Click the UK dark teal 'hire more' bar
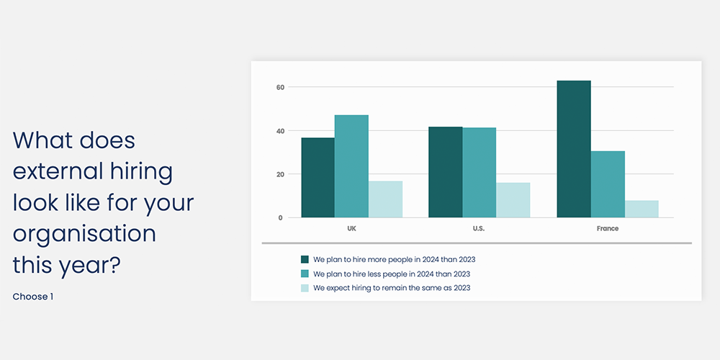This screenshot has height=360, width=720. click(318, 177)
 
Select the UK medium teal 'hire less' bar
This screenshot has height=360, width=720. click(351, 166)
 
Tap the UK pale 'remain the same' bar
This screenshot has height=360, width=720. click(385, 199)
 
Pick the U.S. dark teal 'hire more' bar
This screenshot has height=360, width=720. click(446, 172)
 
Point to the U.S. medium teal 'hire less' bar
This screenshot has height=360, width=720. click(479, 173)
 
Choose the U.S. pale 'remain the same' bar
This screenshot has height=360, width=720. click(513, 200)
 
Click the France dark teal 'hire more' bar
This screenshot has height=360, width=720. click(574, 149)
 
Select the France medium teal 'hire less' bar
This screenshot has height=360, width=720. click(608, 184)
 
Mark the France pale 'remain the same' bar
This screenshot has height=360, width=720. click(642, 209)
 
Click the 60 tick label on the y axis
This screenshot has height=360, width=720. click(279, 87)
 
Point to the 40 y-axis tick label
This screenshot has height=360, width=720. click(279, 131)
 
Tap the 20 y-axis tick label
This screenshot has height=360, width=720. click(279, 174)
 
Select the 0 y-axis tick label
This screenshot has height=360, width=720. click(281, 217)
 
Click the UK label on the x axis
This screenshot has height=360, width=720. click(352, 229)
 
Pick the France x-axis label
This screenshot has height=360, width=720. click(608, 229)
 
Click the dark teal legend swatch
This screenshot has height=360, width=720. click(305, 259)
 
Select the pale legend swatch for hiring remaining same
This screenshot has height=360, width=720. click(305, 289)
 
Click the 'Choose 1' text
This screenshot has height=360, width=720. click(33, 297)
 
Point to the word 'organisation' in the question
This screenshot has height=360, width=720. click(84, 234)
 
